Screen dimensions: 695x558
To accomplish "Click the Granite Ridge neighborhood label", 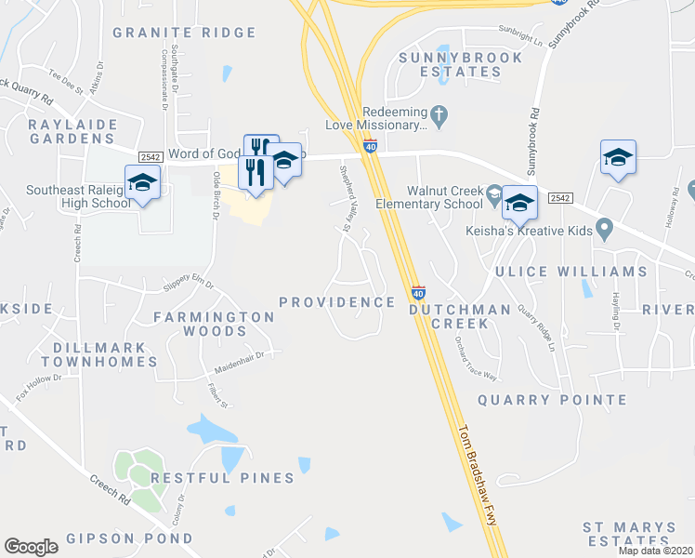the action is (184, 33).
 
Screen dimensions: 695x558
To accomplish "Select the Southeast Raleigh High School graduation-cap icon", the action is (143, 182).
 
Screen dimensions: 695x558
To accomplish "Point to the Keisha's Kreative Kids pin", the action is (606, 227).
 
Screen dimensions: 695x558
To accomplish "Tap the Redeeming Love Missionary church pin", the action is (440, 117).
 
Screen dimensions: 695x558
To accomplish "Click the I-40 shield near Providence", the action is (417, 292).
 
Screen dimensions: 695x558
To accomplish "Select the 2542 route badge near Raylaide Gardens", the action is (150, 157).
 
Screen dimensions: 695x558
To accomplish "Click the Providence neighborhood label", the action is (337, 302).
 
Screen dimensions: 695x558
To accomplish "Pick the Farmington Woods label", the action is (215, 324).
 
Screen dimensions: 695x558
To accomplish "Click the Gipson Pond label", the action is (129, 538).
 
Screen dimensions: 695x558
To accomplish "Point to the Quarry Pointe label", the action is (552, 400).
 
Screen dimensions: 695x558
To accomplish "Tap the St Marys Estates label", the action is (629, 533).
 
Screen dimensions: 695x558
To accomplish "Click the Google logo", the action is (32, 547).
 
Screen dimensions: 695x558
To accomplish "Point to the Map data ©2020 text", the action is (654, 551).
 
